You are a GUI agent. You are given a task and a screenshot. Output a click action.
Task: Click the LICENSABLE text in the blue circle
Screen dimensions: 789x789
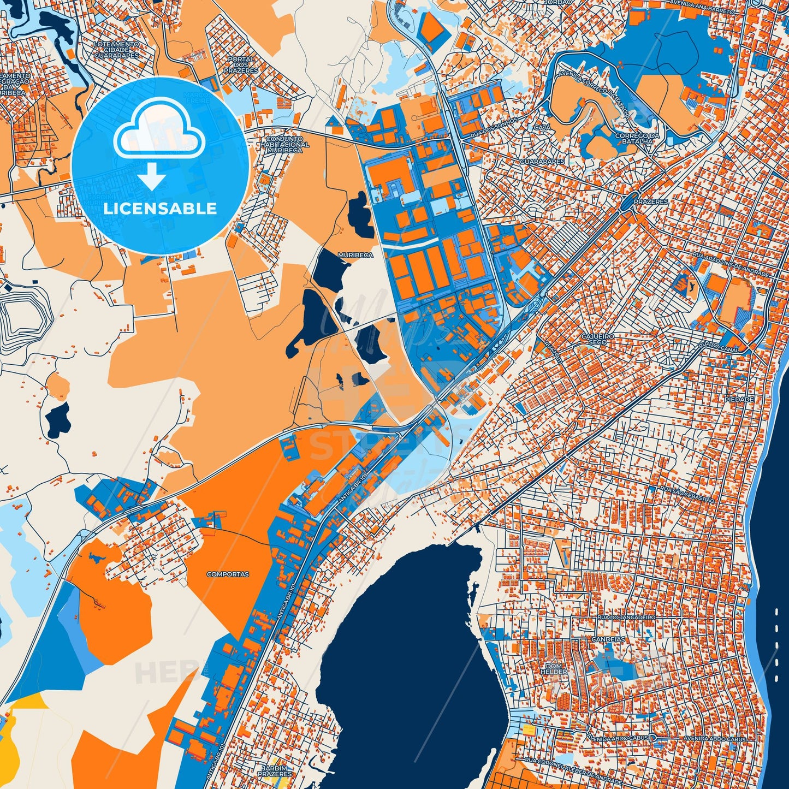pos(160,209)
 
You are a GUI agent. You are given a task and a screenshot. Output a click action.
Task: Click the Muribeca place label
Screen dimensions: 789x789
pos(355,255)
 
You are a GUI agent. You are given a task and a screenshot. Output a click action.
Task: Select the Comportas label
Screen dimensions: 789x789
pos(228,574)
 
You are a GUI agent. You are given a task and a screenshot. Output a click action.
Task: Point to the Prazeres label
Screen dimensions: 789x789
pos(651,201)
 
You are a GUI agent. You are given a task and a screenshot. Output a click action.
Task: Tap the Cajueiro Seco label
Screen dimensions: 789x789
pos(598,339)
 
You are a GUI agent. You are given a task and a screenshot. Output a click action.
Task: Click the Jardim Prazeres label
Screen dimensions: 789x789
pos(275,771)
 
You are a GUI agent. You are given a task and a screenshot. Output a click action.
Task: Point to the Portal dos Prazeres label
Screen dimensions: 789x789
pos(241,65)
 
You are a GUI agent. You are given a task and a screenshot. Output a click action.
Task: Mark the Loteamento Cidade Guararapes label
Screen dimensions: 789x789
pos(116,50)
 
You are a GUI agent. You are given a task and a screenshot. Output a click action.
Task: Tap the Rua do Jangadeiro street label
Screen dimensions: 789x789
pos(626,617)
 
